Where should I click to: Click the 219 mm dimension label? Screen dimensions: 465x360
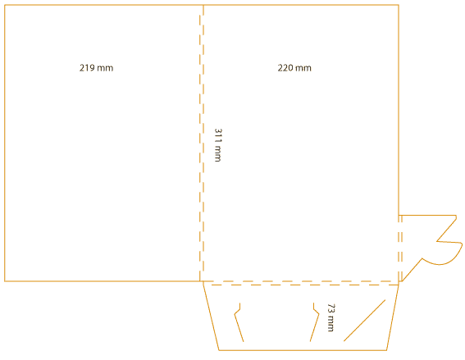[x=97, y=68]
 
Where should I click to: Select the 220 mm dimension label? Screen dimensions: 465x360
[x=294, y=68]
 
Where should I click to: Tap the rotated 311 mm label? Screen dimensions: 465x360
[x=218, y=145]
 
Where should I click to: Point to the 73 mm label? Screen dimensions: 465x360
[x=331, y=317]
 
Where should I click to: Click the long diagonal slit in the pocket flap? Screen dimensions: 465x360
[x=364, y=321]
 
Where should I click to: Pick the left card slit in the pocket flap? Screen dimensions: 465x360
[x=239, y=322]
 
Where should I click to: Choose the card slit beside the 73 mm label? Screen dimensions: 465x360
[x=314, y=322]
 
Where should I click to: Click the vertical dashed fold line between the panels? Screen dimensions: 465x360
[x=202, y=143]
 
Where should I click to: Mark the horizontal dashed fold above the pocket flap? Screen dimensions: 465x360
[x=301, y=283]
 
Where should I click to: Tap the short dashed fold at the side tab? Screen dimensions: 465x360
[x=400, y=248]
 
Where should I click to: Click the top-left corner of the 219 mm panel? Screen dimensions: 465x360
[x=5, y=5]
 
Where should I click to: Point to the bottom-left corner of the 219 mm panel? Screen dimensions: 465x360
[x=5, y=281]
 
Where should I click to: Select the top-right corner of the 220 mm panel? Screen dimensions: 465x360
[x=399, y=5]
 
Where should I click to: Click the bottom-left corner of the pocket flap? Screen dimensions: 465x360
[x=219, y=350]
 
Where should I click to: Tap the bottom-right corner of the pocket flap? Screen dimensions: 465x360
[x=386, y=350]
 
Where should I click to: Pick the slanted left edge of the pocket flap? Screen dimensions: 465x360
[x=211, y=316]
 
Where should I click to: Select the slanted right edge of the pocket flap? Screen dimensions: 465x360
[x=393, y=317]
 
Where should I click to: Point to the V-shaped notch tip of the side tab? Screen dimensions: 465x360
[x=436, y=241]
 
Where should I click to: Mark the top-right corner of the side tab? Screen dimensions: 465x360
[x=456, y=216]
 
